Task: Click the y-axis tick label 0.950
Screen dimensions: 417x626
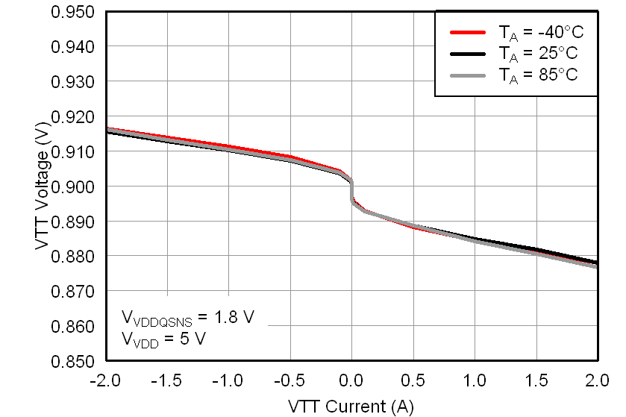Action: click(74, 12)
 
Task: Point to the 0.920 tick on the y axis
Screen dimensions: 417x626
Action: click(74, 116)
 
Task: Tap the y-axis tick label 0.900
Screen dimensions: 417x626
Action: click(74, 186)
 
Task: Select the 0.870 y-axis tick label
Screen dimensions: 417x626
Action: click(74, 291)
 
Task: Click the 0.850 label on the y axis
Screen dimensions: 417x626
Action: click(74, 361)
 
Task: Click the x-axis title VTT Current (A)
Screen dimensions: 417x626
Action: click(351, 406)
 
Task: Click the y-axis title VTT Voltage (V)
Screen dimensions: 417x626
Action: click(42, 186)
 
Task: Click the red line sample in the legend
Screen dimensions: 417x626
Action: click(468, 33)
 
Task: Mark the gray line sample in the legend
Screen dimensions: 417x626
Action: click(468, 75)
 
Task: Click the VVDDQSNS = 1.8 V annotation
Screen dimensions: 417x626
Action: click(187, 318)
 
